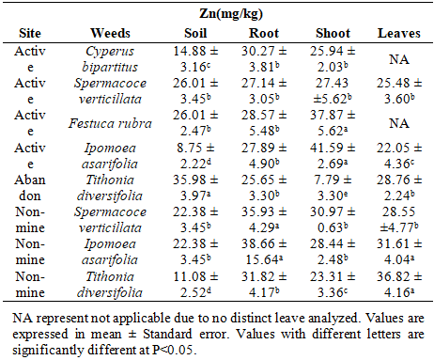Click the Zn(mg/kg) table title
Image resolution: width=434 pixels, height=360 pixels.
(231, 14)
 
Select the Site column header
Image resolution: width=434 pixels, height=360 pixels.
(30, 33)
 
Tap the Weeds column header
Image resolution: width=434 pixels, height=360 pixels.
(110, 33)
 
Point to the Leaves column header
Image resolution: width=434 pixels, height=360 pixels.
(399, 33)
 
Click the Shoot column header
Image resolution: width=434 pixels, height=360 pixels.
(333, 33)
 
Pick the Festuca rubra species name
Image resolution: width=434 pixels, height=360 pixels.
(110, 123)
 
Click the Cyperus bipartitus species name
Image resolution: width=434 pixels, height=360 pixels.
(110, 59)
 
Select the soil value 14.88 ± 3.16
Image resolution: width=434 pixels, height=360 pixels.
(195, 59)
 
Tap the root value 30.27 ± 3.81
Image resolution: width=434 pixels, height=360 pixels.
(264, 59)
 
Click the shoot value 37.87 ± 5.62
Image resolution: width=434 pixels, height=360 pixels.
(333, 123)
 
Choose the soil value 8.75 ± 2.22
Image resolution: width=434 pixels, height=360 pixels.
(195, 156)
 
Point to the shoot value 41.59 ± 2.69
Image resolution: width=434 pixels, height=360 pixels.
(333, 156)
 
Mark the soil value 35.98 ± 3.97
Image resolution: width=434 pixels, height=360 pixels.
(195, 188)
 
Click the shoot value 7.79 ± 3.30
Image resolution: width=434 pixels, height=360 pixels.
(333, 188)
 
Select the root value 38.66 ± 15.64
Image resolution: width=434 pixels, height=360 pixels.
(264, 252)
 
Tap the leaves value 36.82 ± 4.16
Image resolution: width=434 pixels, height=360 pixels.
(399, 285)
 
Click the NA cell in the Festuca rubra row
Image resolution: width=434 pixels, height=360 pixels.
(399, 123)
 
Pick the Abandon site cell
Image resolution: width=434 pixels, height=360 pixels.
(30, 188)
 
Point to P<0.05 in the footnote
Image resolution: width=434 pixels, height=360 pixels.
(173, 350)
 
